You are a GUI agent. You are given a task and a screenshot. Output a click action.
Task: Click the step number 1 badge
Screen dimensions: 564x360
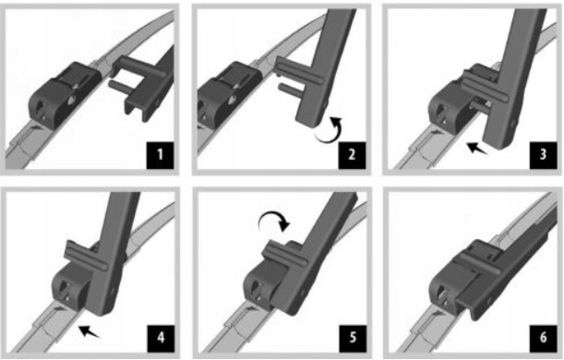click(x=160, y=155)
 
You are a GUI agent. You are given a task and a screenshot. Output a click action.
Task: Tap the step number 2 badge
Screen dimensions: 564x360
click(x=352, y=155)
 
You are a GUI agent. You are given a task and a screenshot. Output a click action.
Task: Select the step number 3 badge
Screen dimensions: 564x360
click(x=543, y=155)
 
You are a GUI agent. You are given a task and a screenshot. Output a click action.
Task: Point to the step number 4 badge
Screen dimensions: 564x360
click(x=161, y=339)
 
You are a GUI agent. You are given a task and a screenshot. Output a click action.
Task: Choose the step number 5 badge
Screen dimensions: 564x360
click(x=353, y=339)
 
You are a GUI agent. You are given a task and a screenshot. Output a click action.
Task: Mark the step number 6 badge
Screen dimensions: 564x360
click(x=543, y=339)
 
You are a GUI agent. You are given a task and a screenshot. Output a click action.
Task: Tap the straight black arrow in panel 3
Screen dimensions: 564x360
click(x=476, y=149)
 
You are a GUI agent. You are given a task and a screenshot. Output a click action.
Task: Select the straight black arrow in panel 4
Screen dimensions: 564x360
click(x=89, y=331)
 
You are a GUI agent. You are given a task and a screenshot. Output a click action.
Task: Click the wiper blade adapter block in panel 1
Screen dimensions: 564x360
click(x=64, y=95)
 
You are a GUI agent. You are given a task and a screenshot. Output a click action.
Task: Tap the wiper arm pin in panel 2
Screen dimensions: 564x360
click(x=290, y=90)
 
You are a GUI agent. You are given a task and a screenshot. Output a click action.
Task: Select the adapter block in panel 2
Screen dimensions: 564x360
click(x=228, y=94)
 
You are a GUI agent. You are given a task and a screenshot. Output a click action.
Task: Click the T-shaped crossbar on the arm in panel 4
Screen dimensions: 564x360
click(x=85, y=256)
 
